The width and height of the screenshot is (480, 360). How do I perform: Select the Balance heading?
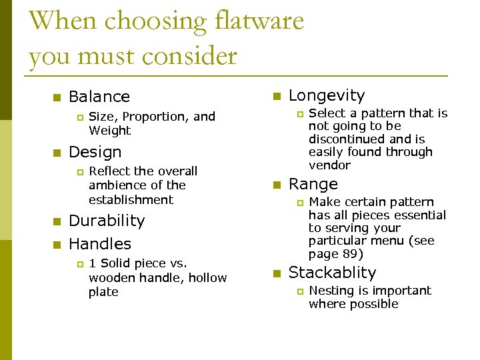(x=99, y=97)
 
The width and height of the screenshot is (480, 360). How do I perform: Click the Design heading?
(x=95, y=152)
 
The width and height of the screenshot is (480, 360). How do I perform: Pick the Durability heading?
(x=107, y=221)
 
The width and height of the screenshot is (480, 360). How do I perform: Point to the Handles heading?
(x=100, y=244)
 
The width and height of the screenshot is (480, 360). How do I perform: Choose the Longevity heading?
(x=327, y=96)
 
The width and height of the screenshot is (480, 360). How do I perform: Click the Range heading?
(x=313, y=184)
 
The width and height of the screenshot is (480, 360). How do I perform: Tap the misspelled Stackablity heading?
(x=332, y=273)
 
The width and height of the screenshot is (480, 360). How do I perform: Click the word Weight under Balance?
(x=109, y=131)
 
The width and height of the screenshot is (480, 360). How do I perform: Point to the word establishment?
(x=131, y=199)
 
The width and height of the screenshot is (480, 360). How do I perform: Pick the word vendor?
(x=329, y=165)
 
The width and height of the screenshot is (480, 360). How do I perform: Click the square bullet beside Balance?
(x=57, y=97)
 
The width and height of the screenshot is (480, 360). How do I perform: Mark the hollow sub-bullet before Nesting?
(x=299, y=291)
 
